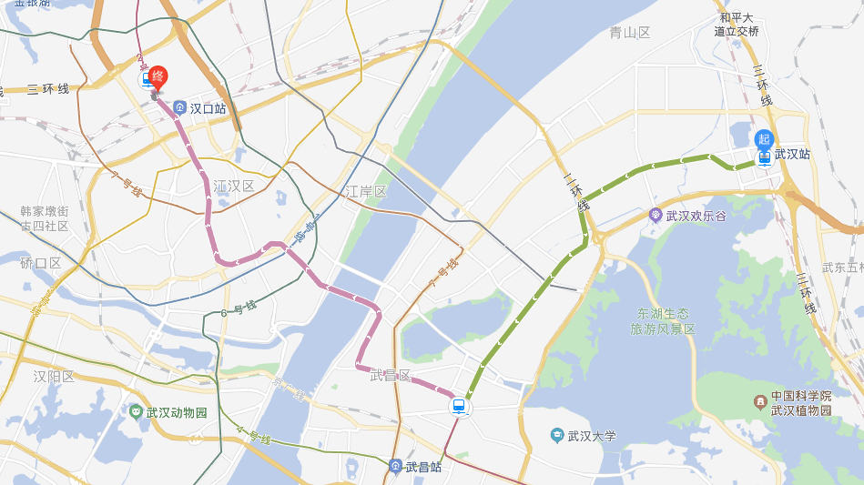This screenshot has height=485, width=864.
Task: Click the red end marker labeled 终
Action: point(158,76)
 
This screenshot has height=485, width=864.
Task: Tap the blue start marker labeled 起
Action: point(764,139)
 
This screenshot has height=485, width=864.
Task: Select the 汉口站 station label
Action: point(208,108)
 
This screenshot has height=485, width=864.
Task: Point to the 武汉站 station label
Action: point(792,155)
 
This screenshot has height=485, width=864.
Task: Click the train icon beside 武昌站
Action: point(395,467)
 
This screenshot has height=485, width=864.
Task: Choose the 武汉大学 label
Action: point(591,436)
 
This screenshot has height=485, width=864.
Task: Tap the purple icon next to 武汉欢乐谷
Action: point(656,216)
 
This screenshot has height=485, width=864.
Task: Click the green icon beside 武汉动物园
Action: point(136,412)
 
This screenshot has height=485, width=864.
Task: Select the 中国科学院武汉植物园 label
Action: point(801,403)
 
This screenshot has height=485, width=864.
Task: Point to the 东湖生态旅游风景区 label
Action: point(663,321)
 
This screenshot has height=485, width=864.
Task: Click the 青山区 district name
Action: point(630,33)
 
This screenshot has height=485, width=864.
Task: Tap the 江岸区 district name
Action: point(366,192)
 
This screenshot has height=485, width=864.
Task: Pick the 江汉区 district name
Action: point(234,187)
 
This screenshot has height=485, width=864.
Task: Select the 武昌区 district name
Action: point(391,376)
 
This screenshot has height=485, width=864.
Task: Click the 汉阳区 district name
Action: point(54,376)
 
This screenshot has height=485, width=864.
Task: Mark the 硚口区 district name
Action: point(41,263)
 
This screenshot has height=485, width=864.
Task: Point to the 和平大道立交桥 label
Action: point(737,25)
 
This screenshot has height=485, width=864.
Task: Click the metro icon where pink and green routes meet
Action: point(459,407)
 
